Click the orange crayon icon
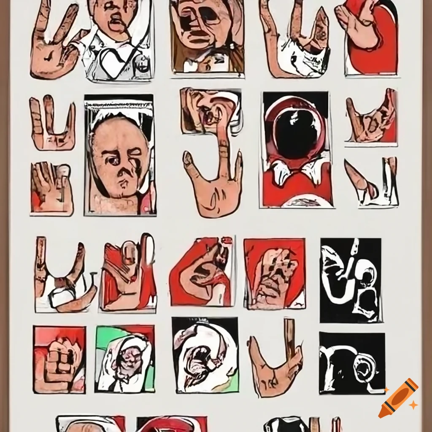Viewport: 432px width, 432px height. [398, 398]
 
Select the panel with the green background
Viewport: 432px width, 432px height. [125, 359]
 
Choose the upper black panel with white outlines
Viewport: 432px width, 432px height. [351, 280]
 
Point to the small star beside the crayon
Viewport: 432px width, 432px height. [413, 405]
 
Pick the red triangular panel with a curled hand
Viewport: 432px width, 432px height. [202, 272]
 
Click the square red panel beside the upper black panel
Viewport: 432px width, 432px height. [275, 273]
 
